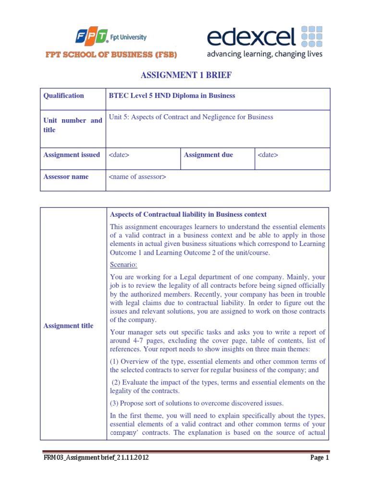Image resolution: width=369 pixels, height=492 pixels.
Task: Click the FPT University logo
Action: (111, 37)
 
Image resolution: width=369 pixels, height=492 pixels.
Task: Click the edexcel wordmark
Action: (251, 37)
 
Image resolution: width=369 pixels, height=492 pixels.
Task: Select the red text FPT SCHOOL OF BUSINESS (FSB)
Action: (111, 55)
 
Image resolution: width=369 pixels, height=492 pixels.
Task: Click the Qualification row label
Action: (63, 96)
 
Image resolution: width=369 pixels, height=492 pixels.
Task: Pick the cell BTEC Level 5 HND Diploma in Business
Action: (172, 96)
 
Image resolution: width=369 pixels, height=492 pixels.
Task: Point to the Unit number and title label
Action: (73, 125)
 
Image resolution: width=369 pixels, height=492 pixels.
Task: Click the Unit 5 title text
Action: (191, 117)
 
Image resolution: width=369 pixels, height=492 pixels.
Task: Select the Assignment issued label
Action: (72, 155)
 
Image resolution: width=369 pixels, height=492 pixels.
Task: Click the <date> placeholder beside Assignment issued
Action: (119, 155)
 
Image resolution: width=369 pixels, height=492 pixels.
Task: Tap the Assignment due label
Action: (208, 155)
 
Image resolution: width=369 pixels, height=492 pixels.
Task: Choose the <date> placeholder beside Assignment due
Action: (268, 155)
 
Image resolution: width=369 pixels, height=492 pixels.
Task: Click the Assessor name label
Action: (66, 176)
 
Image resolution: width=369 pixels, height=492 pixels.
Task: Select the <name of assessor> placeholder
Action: (137, 177)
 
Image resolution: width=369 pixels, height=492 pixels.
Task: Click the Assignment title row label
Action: (68, 326)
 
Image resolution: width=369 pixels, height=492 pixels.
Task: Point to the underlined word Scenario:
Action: (123, 264)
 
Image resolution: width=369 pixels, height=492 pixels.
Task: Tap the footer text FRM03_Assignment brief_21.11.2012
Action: (94, 458)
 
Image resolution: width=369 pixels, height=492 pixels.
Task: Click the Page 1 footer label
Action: (320, 458)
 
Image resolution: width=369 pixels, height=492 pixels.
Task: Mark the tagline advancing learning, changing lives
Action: (264, 54)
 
